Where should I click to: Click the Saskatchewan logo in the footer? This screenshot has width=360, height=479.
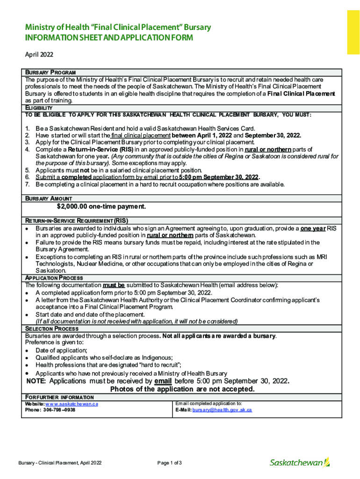[300, 462]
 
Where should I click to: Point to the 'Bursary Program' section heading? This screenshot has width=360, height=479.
[47, 73]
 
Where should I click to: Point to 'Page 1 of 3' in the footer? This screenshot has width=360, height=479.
[169, 463]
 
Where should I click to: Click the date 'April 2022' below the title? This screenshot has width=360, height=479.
[39, 54]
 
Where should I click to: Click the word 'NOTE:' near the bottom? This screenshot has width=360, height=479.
[36, 381]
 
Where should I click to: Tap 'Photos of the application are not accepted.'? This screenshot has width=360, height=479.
[182, 389]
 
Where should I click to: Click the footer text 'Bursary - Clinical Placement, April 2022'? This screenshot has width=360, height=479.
[60, 463]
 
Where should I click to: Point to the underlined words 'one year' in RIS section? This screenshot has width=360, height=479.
[313, 228]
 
